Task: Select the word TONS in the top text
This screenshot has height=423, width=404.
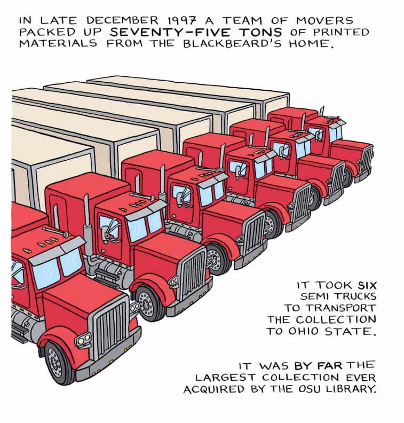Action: pyautogui.click(x=260, y=32)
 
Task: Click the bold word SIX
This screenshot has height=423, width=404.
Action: pyautogui.click(x=367, y=285)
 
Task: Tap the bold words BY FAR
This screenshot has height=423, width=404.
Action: pyautogui.click(x=319, y=366)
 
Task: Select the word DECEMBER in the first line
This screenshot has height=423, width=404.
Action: pyautogui.click(x=123, y=20)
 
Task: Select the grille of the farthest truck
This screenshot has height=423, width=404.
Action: pyautogui.click(x=367, y=160)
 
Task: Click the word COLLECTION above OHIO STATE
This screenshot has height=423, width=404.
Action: pyautogui.click(x=336, y=319)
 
